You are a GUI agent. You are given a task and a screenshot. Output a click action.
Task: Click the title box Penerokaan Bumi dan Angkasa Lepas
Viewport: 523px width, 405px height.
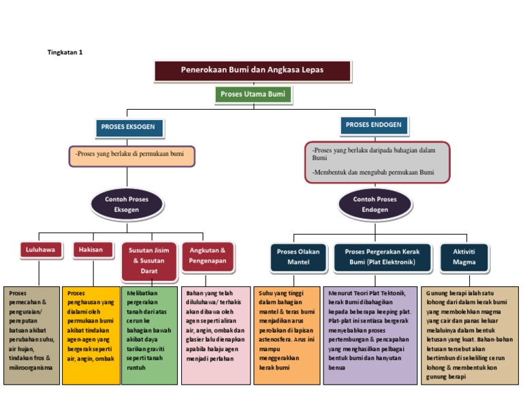point(253,70)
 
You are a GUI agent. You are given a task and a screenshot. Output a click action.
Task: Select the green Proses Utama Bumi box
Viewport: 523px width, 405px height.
point(253,94)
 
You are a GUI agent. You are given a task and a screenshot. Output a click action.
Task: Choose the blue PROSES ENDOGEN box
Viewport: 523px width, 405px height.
point(373,125)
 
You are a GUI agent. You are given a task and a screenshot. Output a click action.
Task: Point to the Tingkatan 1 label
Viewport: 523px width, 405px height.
point(65,52)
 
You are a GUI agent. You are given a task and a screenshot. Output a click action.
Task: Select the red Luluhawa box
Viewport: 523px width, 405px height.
point(40,250)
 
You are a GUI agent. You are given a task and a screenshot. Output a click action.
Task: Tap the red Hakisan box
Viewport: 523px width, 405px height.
point(93,250)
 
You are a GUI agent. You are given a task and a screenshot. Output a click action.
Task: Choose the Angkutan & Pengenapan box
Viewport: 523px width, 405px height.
point(208,255)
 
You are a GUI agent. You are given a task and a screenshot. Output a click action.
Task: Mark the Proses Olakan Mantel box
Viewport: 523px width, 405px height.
point(298,256)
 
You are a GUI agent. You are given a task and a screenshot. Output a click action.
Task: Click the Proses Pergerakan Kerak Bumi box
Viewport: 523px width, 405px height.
point(382,256)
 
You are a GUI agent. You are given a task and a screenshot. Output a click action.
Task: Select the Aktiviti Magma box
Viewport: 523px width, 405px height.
point(464,256)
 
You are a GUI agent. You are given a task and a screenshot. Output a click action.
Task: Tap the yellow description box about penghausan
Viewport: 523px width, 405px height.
point(91,334)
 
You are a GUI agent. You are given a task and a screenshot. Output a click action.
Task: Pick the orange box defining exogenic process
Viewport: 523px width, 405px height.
point(131,155)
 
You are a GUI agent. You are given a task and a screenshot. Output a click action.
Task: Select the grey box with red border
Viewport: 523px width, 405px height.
point(377,162)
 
